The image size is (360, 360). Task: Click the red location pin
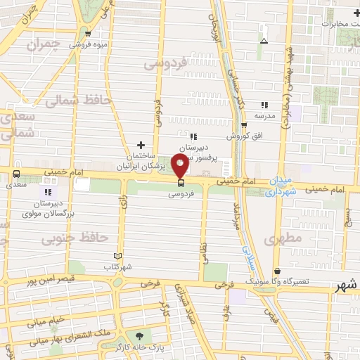click(180, 166)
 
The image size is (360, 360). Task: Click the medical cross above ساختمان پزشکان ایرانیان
click(141, 143)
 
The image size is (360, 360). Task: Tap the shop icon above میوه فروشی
click(88, 33)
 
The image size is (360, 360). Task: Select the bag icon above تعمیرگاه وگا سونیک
click(276, 270)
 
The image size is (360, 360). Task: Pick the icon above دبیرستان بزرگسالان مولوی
click(48, 191)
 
